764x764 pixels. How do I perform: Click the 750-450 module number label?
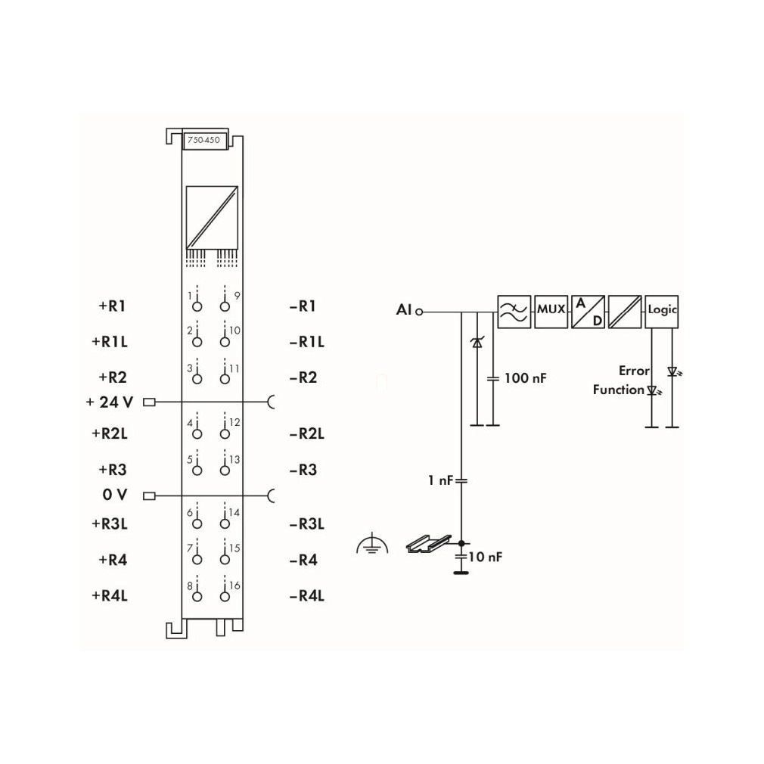(x=204, y=141)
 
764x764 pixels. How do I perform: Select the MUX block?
(x=551, y=312)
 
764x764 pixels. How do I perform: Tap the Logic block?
(x=662, y=312)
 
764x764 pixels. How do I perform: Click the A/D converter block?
(x=588, y=312)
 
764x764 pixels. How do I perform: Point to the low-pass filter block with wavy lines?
(x=514, y=312)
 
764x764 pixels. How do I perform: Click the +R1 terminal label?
(x=113, y=306)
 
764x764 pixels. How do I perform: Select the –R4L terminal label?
(x=307, y=596)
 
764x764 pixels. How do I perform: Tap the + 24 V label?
(x=110, y=402)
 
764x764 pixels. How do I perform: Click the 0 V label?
(x=115, y=495)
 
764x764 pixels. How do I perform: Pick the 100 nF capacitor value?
(x=525, y=378)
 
